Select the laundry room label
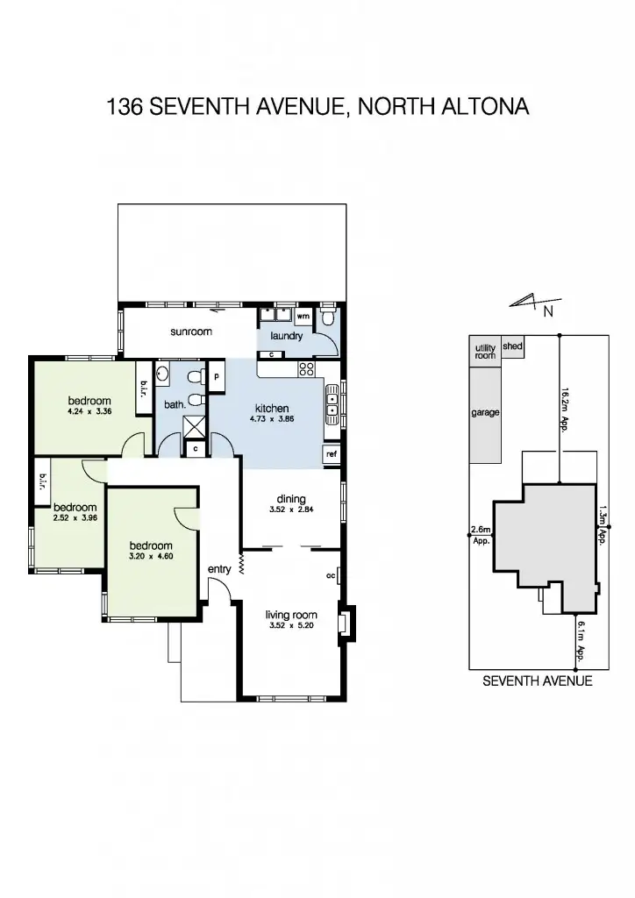(x=287, y=336)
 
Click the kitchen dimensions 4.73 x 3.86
(x=272, y=420)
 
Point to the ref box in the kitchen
(x=332, y=454)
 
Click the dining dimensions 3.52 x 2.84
(x=289, y=507)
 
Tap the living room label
(x=291, y=616)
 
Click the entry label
(x=219, y=569)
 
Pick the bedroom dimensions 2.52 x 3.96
(x=75, y=518)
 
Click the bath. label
(x=175, y=404)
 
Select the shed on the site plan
(x=513, y=346)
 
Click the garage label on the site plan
(x=485, y=412)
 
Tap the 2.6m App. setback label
(x=481, y=535)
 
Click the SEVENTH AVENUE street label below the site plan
(x=537, y=681)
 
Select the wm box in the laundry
(x=303, y=316)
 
